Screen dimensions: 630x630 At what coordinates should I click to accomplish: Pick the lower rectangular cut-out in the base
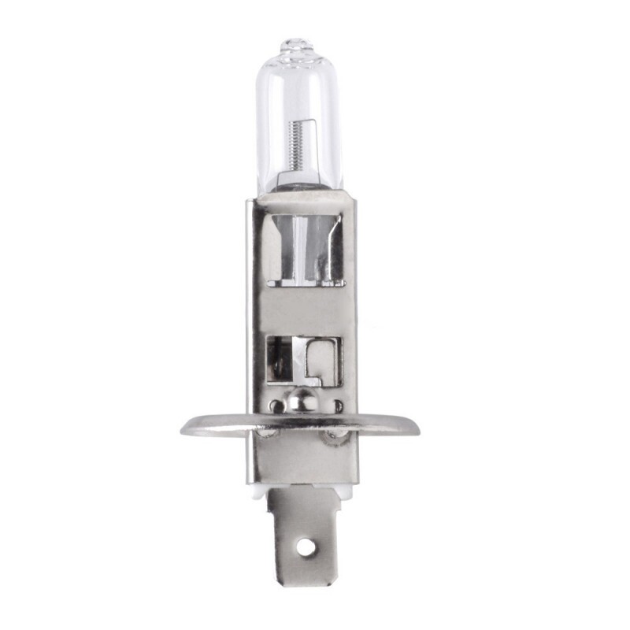[x=304, y=360]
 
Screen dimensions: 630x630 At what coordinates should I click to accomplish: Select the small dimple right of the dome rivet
[x=337, y=407]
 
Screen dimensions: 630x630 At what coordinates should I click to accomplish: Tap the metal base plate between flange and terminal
[x=302, y=461]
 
